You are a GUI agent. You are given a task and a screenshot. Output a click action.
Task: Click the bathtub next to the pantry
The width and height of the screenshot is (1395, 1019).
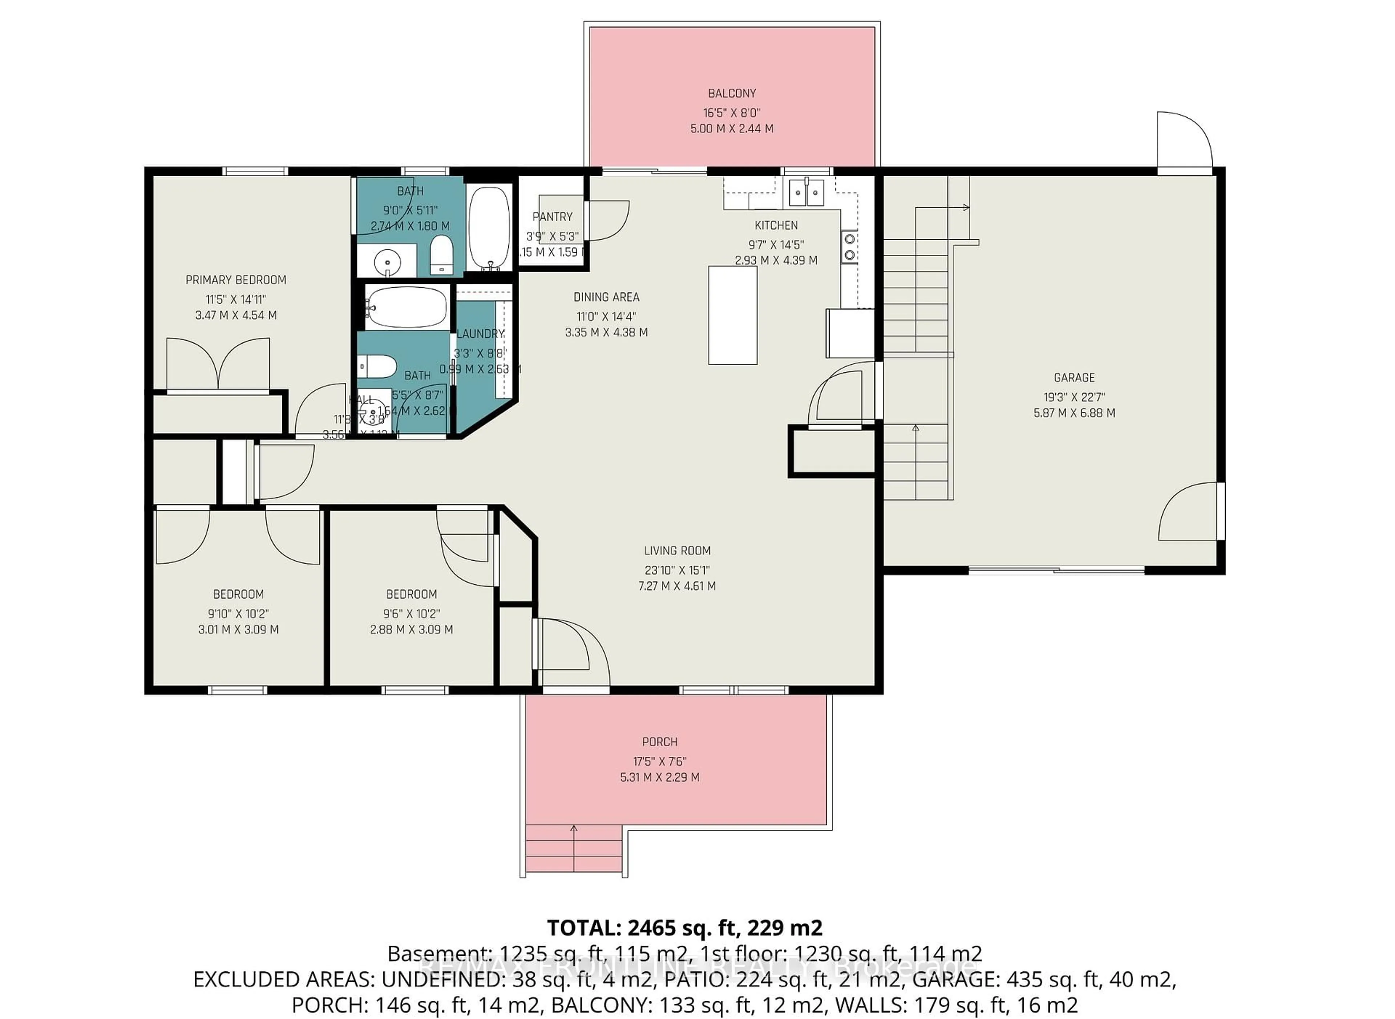point(489,228)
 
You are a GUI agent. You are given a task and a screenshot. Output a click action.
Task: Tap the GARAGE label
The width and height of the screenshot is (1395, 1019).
point(1074,378)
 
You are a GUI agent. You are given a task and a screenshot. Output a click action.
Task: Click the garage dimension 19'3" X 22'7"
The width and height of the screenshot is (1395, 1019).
point(1074,397)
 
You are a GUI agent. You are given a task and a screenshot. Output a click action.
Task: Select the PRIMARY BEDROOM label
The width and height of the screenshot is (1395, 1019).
point(236,280)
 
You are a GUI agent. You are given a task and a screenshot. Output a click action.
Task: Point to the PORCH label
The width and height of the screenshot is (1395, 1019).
point(660,742)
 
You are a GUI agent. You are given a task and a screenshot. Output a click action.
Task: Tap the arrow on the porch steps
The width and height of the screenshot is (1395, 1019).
point(574,830)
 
